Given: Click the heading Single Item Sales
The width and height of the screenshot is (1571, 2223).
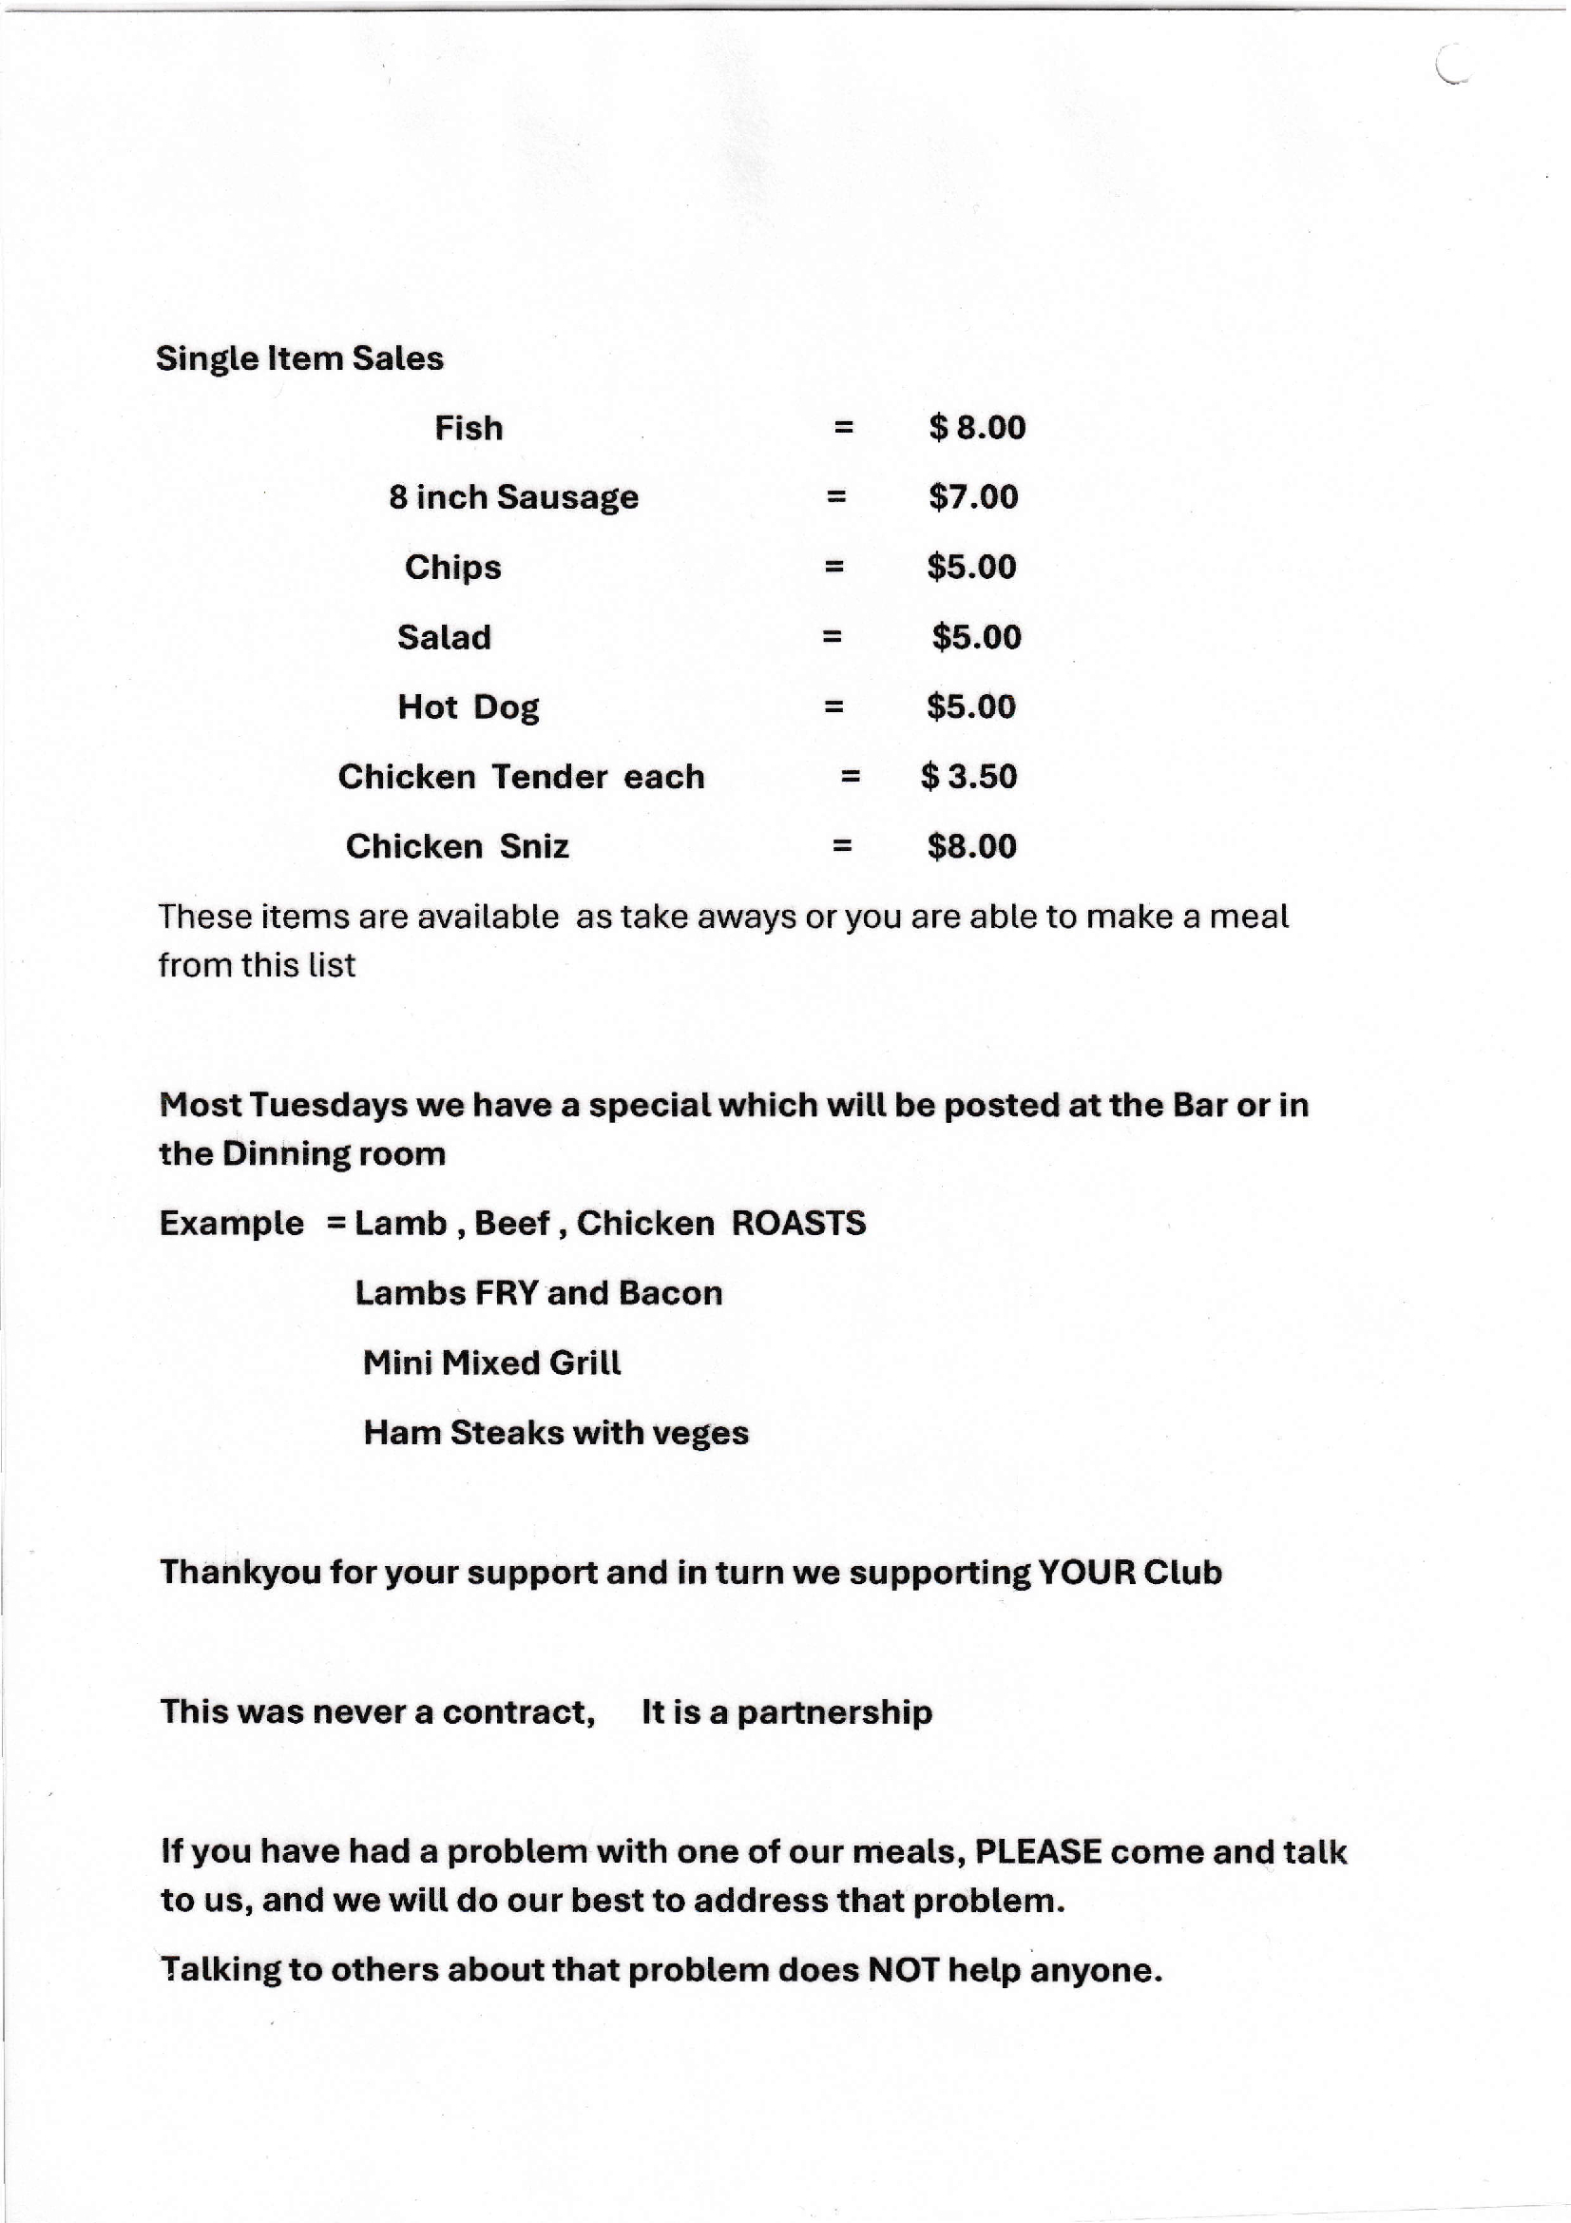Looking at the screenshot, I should click(x=299, y=358).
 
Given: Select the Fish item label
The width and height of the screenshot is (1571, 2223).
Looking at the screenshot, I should click(x=469, y=428).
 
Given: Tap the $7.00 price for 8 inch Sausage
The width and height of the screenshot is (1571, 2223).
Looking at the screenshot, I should click(x=973, y=497).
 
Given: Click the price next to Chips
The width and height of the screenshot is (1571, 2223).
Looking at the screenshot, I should click(x=971, y=568).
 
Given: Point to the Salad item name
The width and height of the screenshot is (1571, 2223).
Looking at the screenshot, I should click(x=444, y=637).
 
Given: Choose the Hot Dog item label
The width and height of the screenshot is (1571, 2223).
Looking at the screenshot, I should click(x=469, y=707).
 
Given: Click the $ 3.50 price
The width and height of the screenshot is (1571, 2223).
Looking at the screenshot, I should click(x=969, y=777).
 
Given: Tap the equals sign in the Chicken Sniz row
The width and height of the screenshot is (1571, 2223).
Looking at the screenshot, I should click(x=842, y=846).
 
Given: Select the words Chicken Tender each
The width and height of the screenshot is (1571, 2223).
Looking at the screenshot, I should click(x=521, y=777).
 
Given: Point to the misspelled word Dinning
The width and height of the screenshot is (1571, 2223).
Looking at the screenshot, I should click(x=286, y=1154).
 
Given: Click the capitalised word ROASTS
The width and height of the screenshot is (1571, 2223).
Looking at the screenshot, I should click(x=798, y=1223).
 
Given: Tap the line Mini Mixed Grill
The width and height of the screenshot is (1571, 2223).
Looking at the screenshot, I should click(x=491, y=1363).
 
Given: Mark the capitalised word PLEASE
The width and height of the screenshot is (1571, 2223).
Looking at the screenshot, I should click(x=1038, y=1852).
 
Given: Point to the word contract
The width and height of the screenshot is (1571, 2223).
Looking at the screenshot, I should click(x=518, y=1712).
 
